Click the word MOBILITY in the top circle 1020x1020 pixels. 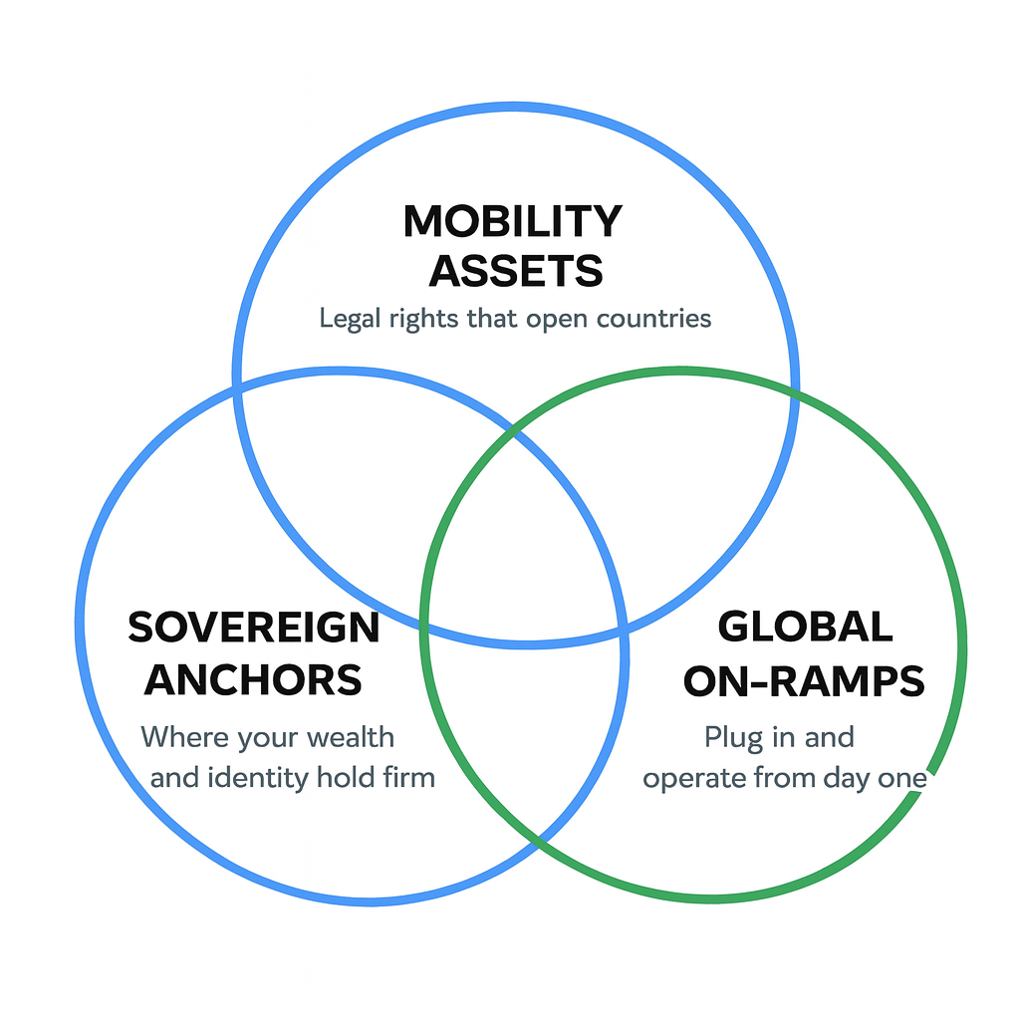(x=513, y=221)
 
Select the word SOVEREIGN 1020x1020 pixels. (x=254, y=628)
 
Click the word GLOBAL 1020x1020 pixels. (x=805, y=628)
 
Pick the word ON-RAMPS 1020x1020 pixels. (x=804, y=681)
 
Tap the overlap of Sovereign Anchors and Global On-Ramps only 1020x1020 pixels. (x=523, y=737)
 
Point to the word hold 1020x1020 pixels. (x=346, y=777)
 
